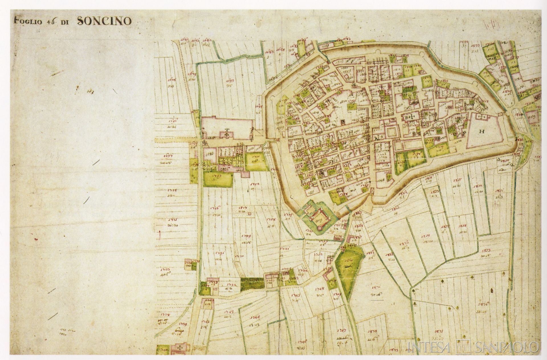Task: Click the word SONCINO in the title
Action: click(104, 21)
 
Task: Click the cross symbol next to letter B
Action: click(411, 117)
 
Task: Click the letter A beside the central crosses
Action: click(376, 138)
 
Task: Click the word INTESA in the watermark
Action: click(429, 347)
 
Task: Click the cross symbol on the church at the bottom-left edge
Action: click(180, 348)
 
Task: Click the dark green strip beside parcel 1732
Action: click(252, 284)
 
